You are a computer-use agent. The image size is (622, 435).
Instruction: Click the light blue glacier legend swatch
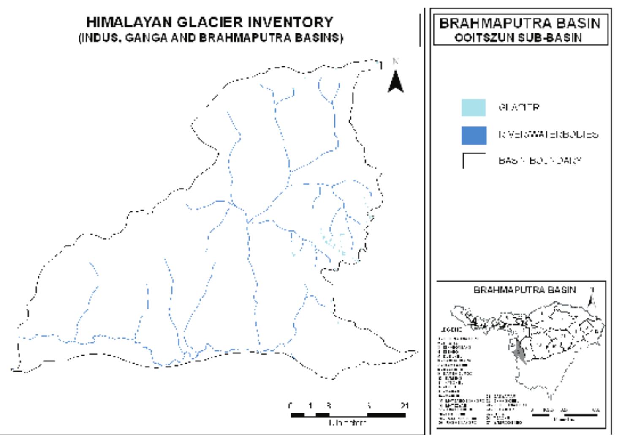point(473,107)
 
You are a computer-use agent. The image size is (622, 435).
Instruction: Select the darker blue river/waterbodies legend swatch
point(473,135)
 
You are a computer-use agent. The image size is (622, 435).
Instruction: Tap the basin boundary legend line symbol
point(473,160)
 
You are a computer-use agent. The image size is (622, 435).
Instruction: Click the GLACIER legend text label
point(519,107)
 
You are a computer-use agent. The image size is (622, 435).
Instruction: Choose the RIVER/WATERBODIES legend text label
point(548,135)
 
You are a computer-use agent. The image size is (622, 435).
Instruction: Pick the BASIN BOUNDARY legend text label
point(540,161)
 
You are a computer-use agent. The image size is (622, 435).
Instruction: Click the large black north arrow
point(395,81)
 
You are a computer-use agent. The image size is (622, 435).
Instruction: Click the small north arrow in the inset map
point(592,298)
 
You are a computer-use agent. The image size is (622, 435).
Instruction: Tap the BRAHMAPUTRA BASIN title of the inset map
point(524,290)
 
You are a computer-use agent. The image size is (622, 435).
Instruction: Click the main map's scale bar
point(348,415)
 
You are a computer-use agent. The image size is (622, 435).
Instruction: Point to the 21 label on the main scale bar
point(405,406)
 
